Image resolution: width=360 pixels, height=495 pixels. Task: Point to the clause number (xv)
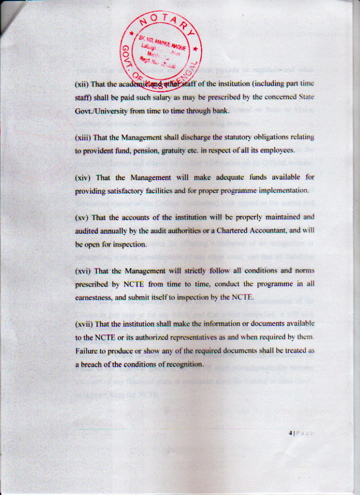point(82,217)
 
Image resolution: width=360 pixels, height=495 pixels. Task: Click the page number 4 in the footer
point(291,433)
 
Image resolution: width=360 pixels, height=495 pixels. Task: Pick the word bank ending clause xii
point(218,110)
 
